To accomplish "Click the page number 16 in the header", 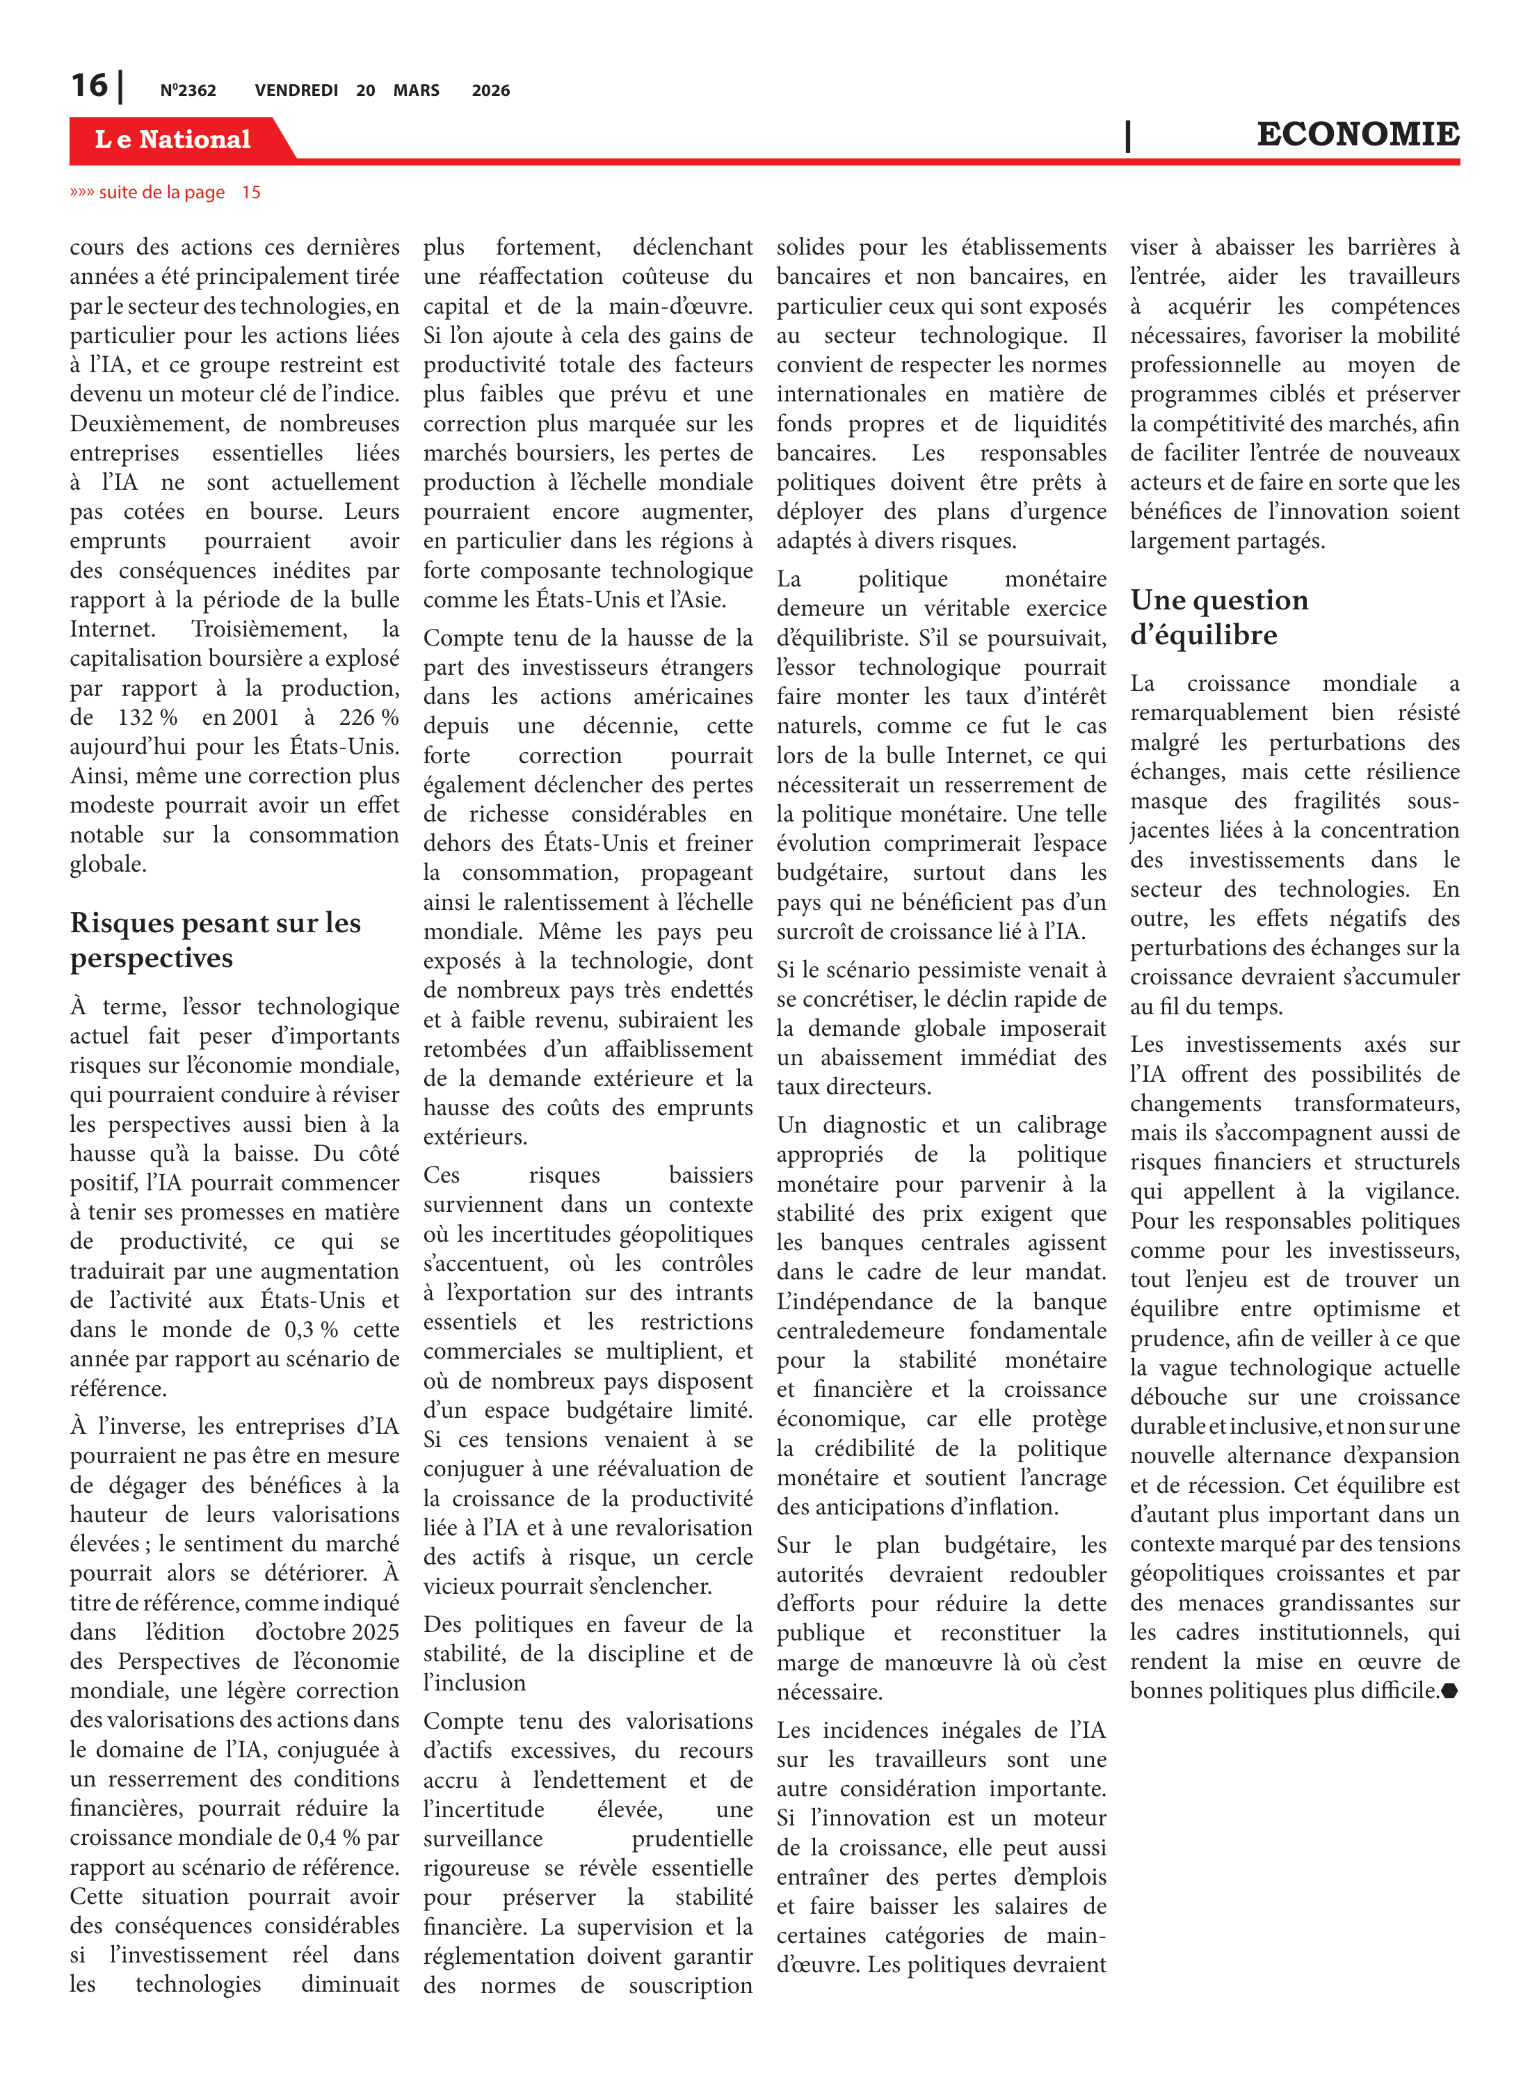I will [x=90, y=86].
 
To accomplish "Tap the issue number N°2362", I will [x=188, y=90].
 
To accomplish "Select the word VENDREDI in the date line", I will [x=296, y=90].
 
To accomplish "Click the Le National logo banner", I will [x=173, y=139].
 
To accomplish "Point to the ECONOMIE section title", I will [x=1357, y=134].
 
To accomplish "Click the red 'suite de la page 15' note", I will [x=166, y=193].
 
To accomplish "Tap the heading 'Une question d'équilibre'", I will [x=1219, y=617].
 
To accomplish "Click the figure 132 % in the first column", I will [x=147, y=717].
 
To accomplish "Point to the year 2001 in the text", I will [x=254, y=717].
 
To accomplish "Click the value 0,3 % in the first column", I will [x=310, y=1329].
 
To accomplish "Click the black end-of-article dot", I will [x=1449, y=1690].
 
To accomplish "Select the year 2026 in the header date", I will [x=491, y=90].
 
